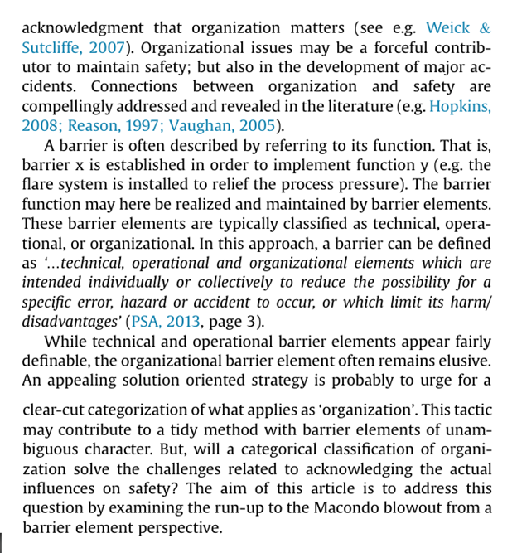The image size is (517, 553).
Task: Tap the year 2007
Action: pyautogui.click(x=109, y=47)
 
